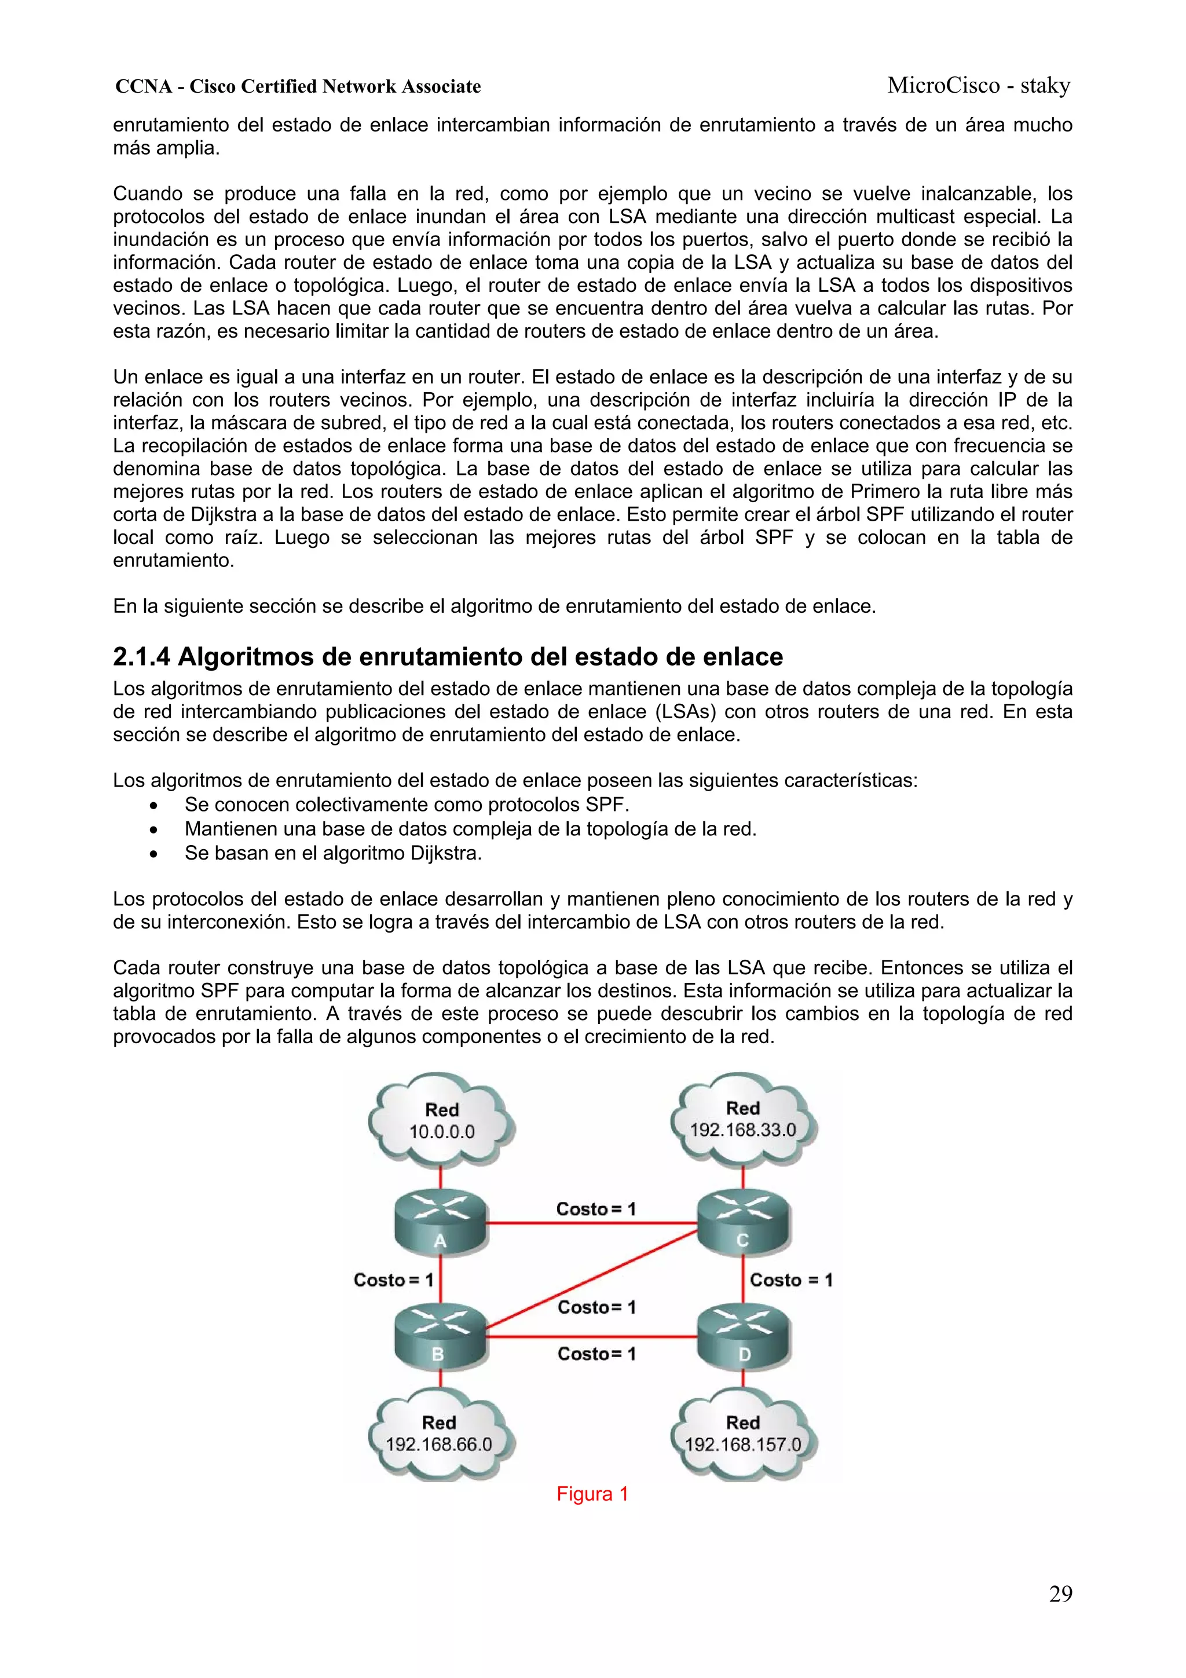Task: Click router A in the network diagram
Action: tap(441, 1222)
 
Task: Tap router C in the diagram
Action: tap(743, 1222)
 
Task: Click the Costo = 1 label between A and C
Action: tap(595, 1209)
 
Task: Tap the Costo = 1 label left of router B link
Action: tap(393, 1279)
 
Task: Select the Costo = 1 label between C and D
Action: tap(790, 1279)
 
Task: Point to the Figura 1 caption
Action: tap(592, 1494)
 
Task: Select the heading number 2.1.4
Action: tap(142, 657)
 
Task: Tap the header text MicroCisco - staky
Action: tap(979, 86)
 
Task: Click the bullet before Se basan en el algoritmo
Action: tap(153, 854)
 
